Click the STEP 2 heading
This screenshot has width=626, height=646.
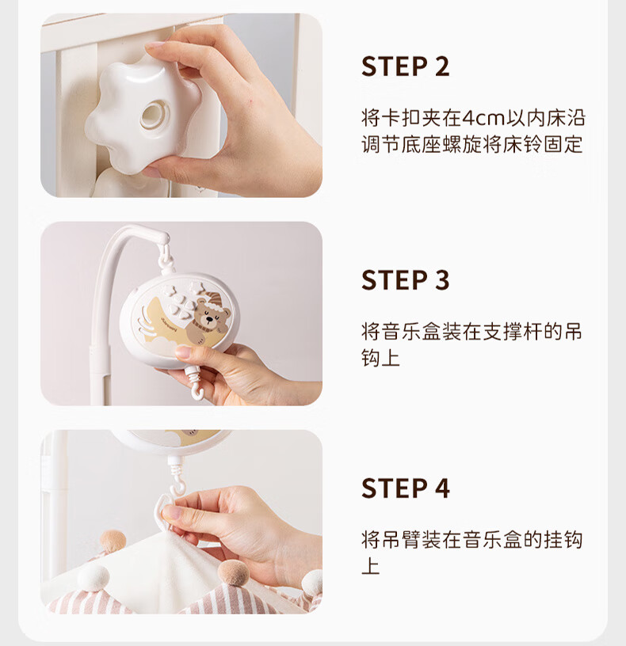tap(405, 66)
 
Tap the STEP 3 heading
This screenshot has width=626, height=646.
tap(405, 280)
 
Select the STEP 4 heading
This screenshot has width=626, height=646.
tap(405, 488)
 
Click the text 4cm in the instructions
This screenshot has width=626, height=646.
tap(483, 119)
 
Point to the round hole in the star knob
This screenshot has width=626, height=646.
tap(153, 116)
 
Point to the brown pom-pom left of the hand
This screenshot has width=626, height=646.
tap(113, 541)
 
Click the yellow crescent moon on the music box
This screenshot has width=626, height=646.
tap(165, 319)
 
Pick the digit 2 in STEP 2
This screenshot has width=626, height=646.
tap(441, 66)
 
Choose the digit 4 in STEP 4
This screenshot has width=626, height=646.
tap(441, 488)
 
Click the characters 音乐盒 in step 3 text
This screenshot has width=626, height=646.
tap(410, 332)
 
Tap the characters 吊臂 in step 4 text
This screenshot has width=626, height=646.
tap(401, 540)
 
